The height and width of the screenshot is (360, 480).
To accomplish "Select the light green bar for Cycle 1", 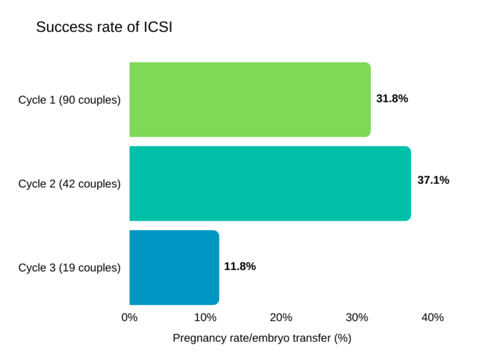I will pyautogui.click(x=249, y=99).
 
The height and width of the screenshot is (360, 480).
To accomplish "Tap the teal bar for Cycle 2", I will pyautogui.click(x=269, y=183).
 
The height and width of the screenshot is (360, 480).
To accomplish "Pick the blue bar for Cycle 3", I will pyautogui.click(x=174, y=267).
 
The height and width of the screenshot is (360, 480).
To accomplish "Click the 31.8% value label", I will pyautogui.click(x=392, y=99).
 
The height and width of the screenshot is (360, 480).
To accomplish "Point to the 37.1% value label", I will pyautogui.click(x=433, y=181).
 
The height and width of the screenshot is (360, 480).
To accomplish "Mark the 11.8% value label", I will pyautogui.click(x=240, y=266).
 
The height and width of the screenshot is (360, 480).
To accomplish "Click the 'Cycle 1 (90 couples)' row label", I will pyautogui.click(x=69, y=100).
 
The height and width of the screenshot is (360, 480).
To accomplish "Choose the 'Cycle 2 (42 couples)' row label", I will pyautogui.click(x=69, y=184).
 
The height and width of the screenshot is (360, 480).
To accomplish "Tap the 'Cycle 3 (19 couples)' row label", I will pyautogui.click(x=69, y=267).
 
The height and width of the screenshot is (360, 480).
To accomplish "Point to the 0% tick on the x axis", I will pyautogui.click(x=129, y=317).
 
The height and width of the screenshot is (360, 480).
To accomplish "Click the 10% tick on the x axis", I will pyautogui.click(x=206, y=317).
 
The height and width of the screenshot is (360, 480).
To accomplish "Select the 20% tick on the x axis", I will pyautogui.click(x=281, y=317).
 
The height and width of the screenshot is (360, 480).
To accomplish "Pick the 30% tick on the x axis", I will pyautogui.click(x=357, y=317).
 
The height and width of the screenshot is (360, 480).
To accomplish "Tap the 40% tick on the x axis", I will pyautogui.click(x=432, y=317).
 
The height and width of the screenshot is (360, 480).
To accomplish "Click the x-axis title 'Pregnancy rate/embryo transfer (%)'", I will pyautogui.click(x=262, y=339).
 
